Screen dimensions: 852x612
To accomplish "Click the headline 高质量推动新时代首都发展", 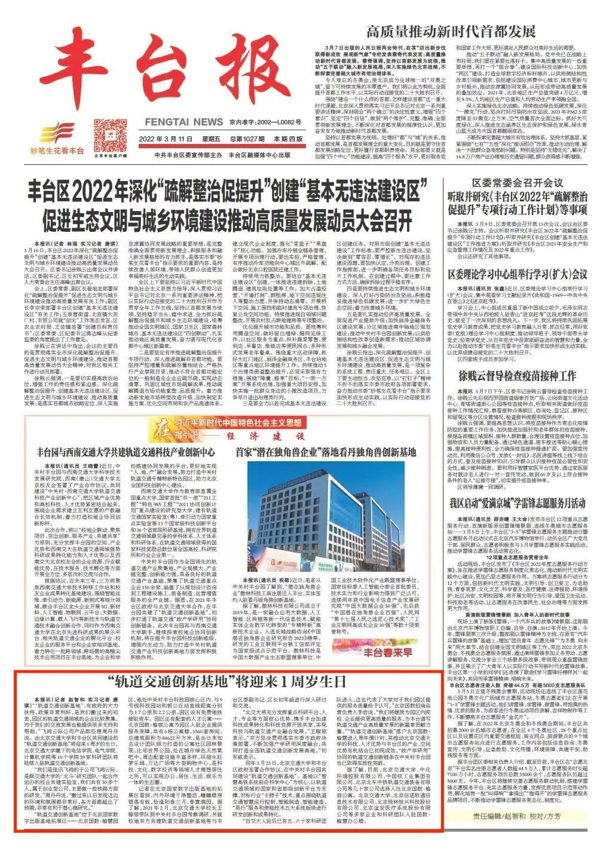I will (451, 32).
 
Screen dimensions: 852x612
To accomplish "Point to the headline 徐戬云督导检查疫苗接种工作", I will (518, 376).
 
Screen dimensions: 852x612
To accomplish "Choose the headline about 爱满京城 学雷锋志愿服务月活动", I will (518, 502).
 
